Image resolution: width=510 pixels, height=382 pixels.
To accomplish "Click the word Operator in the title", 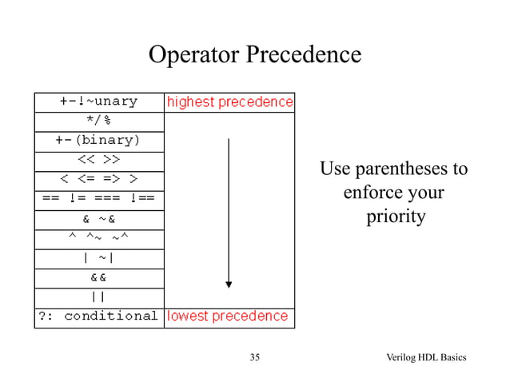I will [193, 55].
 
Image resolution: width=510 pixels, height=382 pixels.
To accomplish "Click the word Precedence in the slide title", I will [303, 55].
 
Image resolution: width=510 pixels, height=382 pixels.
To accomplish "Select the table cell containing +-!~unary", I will [99, 101].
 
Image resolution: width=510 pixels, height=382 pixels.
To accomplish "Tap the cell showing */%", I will [99, 121].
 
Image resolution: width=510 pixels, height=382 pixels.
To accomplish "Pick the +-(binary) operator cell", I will [99, 140].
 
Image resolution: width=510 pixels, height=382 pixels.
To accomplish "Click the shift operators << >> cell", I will [99, 159].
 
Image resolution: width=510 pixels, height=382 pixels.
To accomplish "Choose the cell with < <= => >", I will [99, 177].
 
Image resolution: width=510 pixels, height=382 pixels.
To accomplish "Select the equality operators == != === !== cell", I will [99, 197].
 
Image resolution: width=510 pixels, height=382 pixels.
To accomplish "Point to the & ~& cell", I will [99, 217].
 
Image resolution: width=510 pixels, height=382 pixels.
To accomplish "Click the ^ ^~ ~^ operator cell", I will [99, 237].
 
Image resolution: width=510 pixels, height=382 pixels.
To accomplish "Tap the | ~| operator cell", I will [99, 257].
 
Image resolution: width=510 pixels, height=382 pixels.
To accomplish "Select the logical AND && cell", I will [99, 277].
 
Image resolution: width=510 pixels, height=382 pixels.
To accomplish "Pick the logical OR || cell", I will [99, 296].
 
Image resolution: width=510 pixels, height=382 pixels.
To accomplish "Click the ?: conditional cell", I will [99, 316].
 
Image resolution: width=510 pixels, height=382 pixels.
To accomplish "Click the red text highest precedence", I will [229, 102].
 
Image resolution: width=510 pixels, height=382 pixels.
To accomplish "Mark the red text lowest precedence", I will [227, 316].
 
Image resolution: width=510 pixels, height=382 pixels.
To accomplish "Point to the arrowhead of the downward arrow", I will [229, 283].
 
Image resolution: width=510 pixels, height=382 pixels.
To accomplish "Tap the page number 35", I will [255, 356].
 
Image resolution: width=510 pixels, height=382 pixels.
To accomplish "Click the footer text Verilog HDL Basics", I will [427, 356].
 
